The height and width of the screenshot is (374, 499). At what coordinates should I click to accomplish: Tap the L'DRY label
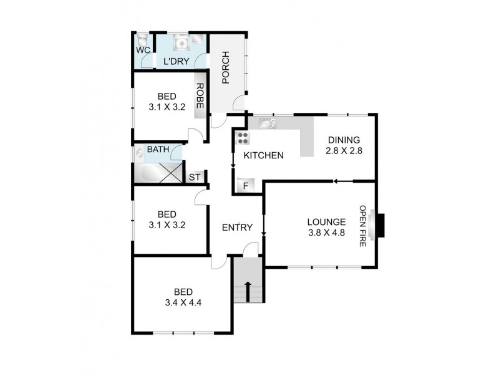(175, 62)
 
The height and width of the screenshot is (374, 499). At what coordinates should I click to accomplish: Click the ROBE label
(200, 97)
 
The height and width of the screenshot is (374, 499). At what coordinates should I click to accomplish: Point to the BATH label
(158, 150)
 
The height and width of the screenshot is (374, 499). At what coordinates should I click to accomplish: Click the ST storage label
(195, 177)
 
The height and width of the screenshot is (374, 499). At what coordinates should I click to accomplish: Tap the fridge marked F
(246, 185)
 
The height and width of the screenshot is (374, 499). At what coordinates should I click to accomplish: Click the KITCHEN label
(264, 155)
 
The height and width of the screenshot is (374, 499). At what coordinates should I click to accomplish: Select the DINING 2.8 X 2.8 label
(344, 145)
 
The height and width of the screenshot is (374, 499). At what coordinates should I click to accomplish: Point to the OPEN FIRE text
(362, 226)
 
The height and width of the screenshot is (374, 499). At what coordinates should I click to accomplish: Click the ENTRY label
(238, 228)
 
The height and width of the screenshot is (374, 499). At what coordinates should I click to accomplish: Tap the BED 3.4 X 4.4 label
(183, 297)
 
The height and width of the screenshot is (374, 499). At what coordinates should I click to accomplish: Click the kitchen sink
(269, 123)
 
